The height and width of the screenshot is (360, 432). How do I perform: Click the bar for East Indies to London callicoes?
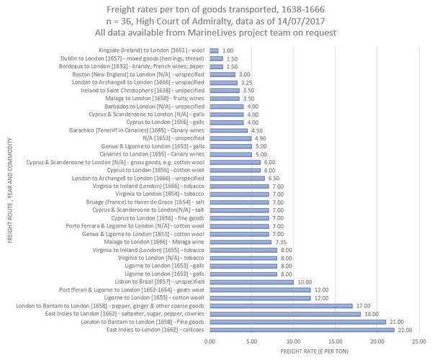point(301,329)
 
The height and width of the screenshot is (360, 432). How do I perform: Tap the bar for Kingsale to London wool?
point(214,50)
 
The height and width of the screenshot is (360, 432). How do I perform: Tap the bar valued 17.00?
point(280,306)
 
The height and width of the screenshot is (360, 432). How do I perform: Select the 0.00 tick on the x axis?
point(210,341)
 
